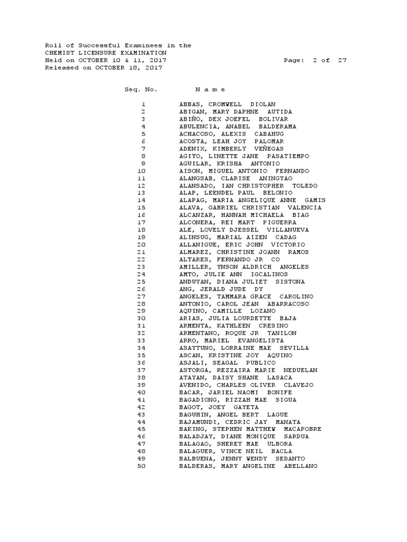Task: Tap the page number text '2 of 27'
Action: (329, 60)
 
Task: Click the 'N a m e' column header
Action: (210, 89)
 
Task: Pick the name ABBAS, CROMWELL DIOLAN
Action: (227, 105)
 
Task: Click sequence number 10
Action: (141, 171)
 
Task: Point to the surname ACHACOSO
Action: (196, 134)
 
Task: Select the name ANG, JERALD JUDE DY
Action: (221, 290)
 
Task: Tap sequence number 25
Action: (141, 282)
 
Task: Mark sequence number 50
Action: (141, 467)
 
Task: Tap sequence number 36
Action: (141, 363)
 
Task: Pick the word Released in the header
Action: (60, 68)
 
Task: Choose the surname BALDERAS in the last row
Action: (196, 467)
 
